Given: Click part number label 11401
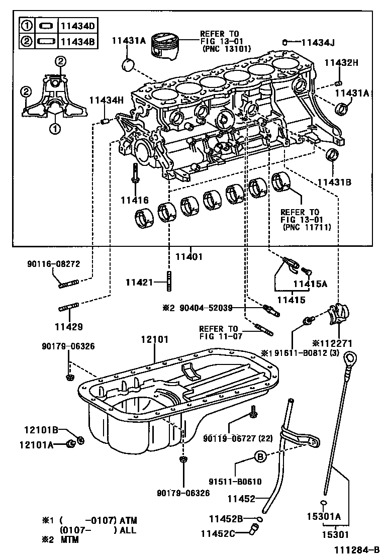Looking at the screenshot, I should tap(189, 256).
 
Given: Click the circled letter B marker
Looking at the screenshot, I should tap(259, 456).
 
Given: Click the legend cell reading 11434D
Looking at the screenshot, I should tap(77, 25).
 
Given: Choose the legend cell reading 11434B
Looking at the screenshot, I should tap(77, 41).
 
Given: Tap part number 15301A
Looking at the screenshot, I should tap(324, 516).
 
